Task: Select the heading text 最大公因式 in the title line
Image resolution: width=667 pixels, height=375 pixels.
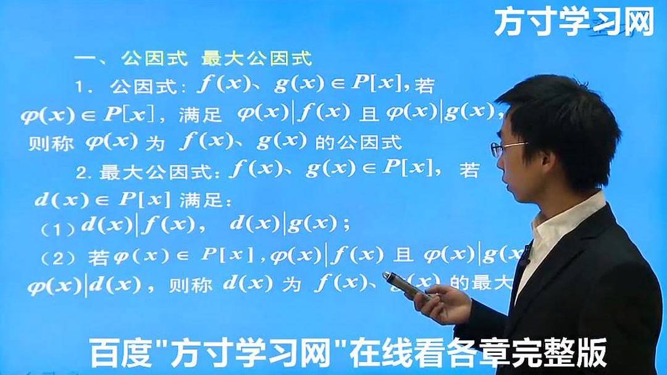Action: click(x=256, y=59)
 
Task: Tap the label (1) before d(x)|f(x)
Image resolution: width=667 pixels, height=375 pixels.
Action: click(x=58, y=228)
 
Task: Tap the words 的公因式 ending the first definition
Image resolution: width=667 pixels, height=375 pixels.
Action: click(x=358, y=143)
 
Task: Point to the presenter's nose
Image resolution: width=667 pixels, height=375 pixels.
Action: click(x=498, y=162)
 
